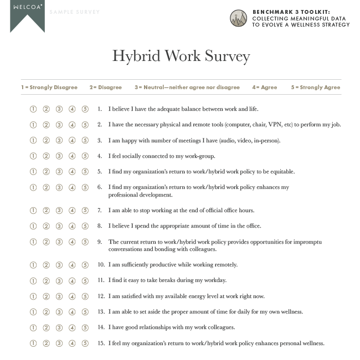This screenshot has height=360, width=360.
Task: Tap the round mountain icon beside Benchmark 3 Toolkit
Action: click(239, 18)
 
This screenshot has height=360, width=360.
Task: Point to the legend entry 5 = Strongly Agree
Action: click(316, 88)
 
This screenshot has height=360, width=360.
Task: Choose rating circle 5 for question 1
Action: click(85, 109)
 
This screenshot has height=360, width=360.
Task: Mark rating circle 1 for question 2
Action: click(33, 125)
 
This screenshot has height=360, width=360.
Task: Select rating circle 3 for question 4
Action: click(59, 156)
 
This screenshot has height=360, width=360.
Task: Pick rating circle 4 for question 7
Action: click(72, 210)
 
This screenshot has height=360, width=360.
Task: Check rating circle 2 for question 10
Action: click(47, 265)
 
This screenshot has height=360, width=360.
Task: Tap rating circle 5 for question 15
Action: click(85, 343)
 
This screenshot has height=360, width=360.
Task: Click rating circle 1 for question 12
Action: click(33, 296)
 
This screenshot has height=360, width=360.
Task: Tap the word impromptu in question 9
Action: click(307, 242)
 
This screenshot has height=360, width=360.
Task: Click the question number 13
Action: click(101, 312)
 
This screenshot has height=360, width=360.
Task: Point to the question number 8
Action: click(100, 226)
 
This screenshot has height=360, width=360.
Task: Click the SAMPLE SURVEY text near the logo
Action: click(75, 12)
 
